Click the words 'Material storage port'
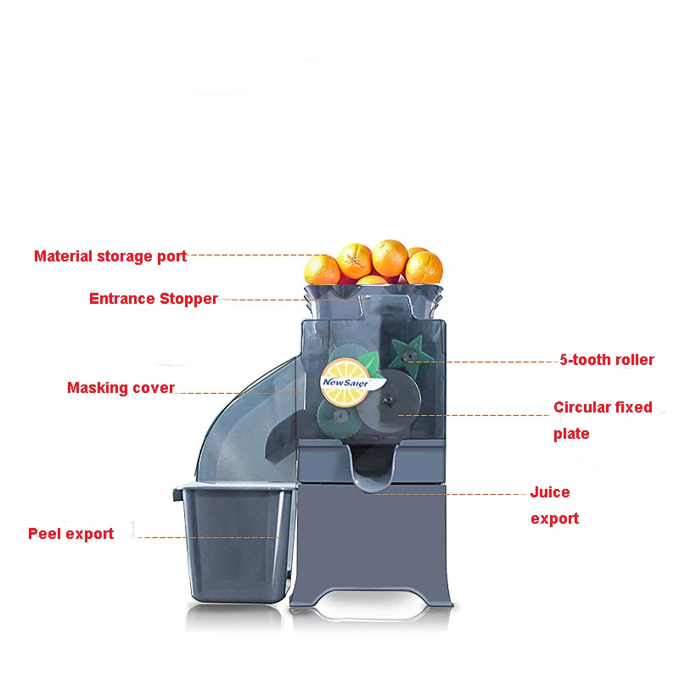[110, 255]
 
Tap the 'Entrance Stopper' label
[154, 299]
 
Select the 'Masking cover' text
[121, 388]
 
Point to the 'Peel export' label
[71, 534]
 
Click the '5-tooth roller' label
[607, 360]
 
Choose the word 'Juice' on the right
[550, 492]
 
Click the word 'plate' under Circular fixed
[571, 434]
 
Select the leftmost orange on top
[322, 270]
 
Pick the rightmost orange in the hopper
[424, 266]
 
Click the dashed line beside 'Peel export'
[207, 536]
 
